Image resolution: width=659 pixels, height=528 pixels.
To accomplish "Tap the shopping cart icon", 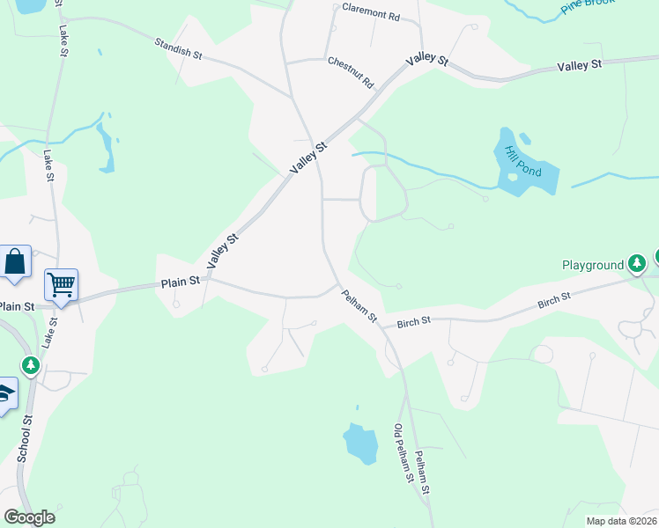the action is click(61, 284).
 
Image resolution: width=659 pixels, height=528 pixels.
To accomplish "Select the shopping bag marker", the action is click(15, 262).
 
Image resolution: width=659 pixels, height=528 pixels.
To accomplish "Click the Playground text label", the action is click(593, 265).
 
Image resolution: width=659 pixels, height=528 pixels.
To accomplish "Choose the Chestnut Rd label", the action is click(351, 73).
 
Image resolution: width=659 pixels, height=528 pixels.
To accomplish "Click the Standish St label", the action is click(178, 48).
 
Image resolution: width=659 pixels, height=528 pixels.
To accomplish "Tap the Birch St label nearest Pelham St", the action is click(413, 322).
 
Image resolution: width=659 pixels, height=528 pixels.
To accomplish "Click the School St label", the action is click(26, 436).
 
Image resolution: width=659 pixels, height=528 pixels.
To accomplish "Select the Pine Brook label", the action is click(586, 8).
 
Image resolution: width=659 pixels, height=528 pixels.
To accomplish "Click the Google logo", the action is click(29, 517).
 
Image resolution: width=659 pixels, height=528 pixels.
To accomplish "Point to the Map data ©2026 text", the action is click(621, 521).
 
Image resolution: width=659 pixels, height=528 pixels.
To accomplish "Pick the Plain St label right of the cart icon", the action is click(181, 283).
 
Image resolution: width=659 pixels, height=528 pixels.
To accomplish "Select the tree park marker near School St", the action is click(31, 364).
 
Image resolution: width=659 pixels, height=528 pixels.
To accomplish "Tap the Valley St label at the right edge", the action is click(580, 64).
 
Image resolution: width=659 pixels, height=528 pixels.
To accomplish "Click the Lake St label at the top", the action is click(63, 35).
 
